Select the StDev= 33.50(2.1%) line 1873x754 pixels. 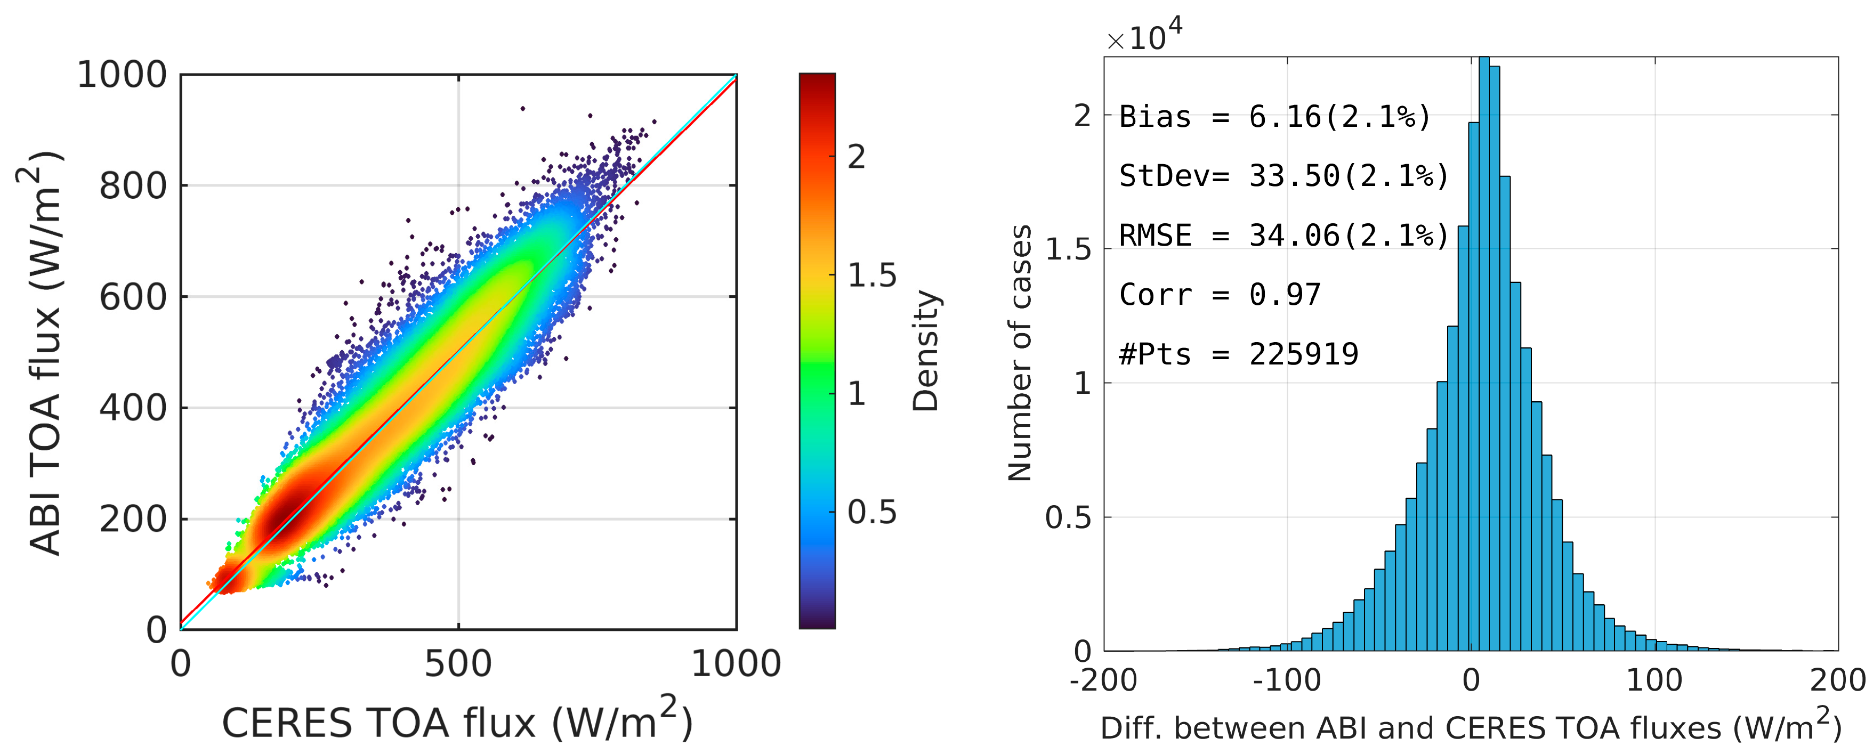[x=1283, y=176]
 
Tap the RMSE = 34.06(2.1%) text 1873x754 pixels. [x=1283, y=236]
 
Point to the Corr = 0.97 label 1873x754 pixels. [x=1220, y=295]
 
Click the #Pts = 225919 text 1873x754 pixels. [x=1238, y=355]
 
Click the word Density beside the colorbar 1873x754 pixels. [x=926, y=351]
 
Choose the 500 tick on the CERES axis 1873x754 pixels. [x=458, y=664]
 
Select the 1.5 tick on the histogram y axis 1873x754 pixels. [x=1068, y=249]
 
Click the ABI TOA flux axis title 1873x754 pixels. [x=45, y=353]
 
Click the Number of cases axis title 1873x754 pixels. [x=1020, y=353]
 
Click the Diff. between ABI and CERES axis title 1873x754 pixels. [x=1470, y=727]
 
